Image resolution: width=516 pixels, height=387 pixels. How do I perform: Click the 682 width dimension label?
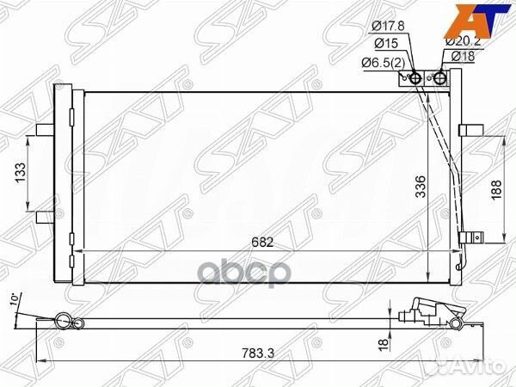(x=263, y=242)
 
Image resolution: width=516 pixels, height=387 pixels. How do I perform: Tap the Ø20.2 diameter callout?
(x=461, y=40)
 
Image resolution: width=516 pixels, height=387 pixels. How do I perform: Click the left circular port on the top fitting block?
(x=416, y=78)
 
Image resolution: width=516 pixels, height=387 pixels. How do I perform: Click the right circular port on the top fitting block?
(x=440, y=78)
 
